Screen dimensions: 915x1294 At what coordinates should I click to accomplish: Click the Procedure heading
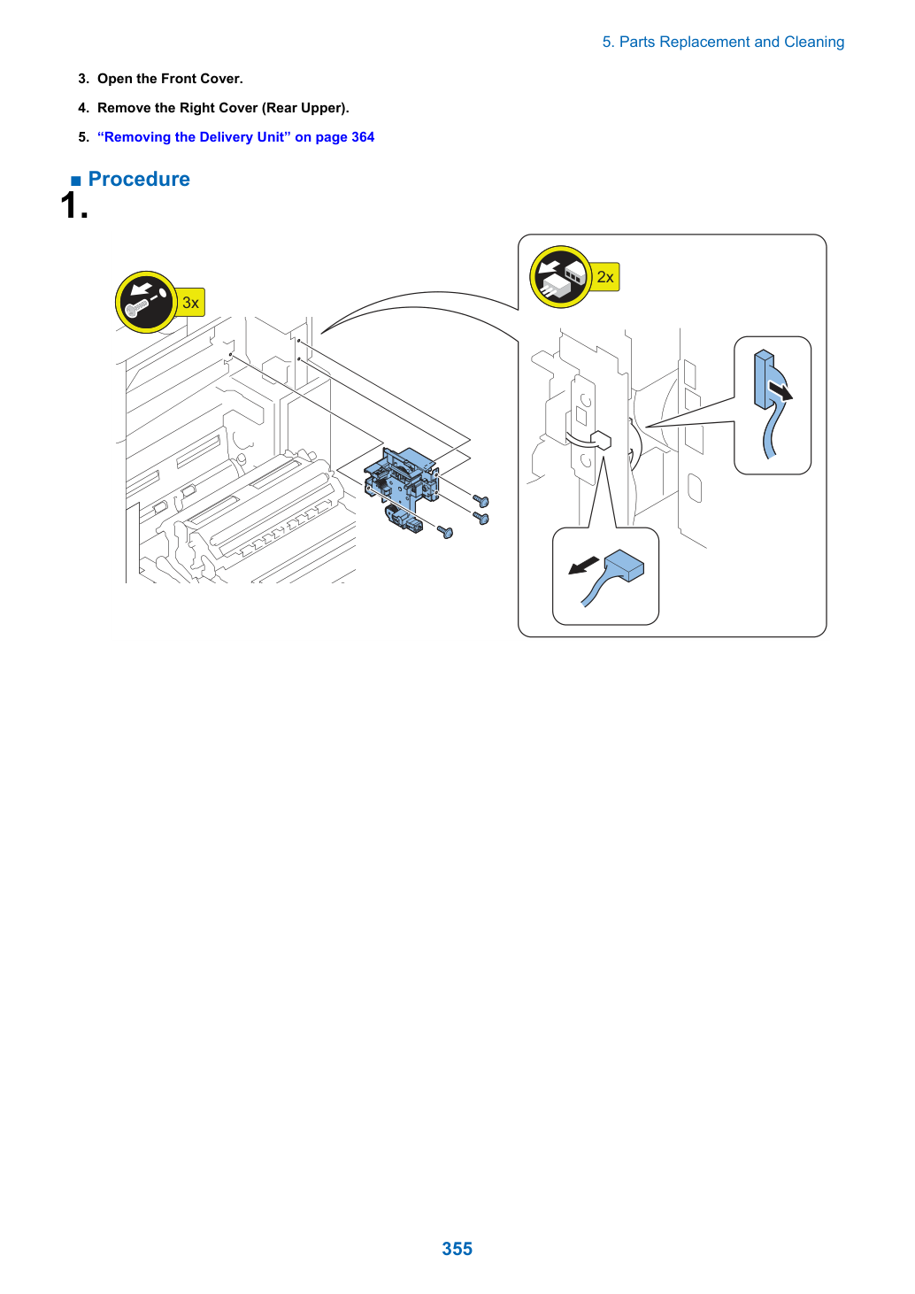tap(139, 179)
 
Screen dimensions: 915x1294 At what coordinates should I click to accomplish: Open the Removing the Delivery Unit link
tap(235, 137)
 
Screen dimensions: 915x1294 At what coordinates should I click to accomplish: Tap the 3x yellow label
tap(190, 302)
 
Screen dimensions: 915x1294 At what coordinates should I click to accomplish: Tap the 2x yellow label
tap(604, 277)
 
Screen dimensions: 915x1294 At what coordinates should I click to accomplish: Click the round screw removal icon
tap(146, 302)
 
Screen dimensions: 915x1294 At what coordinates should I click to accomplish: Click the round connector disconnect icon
tap(560, 277)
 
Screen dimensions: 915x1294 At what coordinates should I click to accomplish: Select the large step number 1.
tap(74, 205)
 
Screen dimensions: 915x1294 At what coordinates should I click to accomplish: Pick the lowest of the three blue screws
tap(445, 531)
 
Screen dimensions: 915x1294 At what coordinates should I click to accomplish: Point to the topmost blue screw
tap(481, 500)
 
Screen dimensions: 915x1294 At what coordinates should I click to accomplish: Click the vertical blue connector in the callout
tap(764, 379)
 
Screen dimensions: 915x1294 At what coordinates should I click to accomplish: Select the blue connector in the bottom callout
tap(624, 566)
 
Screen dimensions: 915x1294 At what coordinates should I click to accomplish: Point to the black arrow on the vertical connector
tap(780, 390)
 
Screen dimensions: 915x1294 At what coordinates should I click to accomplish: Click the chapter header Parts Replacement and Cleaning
tap(723, 42)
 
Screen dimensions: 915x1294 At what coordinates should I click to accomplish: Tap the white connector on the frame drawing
tap(602, 440)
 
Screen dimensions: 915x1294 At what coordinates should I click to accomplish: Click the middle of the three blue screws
tap(481, 518)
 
